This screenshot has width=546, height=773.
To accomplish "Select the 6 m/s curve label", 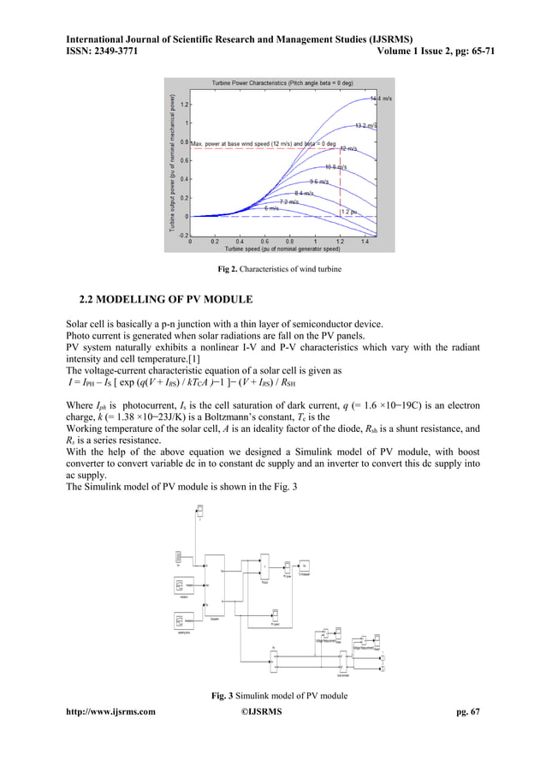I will [270, 208].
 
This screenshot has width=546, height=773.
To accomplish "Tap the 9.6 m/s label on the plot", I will [320, 182].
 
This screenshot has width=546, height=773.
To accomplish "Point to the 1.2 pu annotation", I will [349, 211].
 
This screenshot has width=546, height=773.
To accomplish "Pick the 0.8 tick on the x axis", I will [290, 243].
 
